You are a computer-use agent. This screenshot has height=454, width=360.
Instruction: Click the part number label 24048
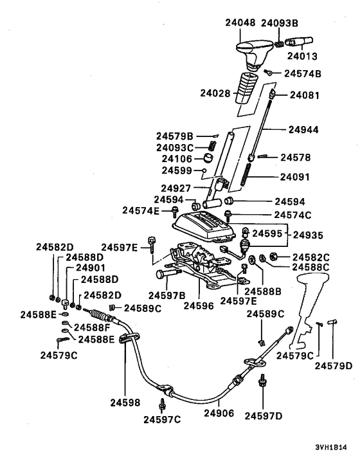pyautogui.click(x=240, y=23)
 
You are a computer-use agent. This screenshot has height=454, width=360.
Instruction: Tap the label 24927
pyautogui.click(x=177, y=188)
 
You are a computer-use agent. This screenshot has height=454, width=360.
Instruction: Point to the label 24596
pyautogui.click(x=200, y=305)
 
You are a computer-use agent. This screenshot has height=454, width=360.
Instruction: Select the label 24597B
pyautogui.click(x=167, y=295)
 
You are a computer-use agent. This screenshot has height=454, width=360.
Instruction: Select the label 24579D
pyautogui.click(x=333, y=366)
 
